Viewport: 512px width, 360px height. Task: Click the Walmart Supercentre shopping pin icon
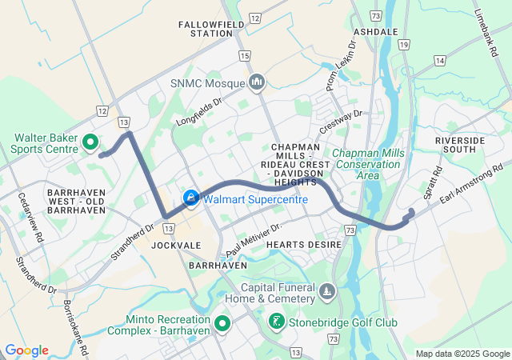pos(191,198)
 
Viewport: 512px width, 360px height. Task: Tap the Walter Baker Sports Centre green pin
pos(90,144)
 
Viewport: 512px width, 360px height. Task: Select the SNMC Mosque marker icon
pos(257,82)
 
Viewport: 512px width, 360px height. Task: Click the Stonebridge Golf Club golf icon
pos(276,322)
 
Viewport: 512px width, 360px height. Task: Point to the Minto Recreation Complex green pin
pos(222,323)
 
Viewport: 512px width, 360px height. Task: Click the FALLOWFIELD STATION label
pos(205,30)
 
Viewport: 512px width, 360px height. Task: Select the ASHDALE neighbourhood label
pos(375,31)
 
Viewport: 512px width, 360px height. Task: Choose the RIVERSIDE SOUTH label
pos(460,146)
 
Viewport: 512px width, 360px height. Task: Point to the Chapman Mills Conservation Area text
pos(367,163)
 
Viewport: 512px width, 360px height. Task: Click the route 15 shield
pos(244,55)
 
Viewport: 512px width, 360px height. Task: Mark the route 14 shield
pos(439,60)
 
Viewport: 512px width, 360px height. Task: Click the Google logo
pos(26,350)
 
